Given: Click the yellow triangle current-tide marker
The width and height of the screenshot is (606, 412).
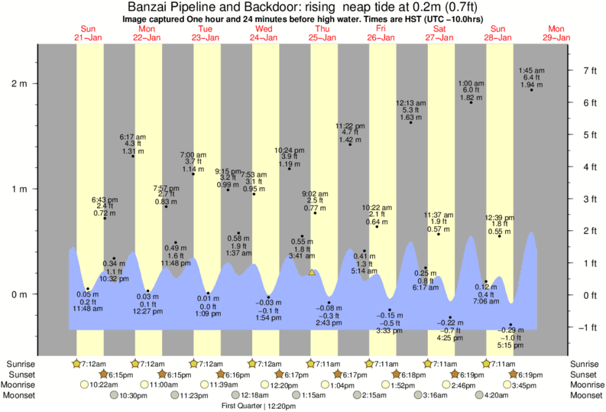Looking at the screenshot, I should [312, 271].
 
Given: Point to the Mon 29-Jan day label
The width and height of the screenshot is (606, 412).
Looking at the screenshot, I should [556, 33].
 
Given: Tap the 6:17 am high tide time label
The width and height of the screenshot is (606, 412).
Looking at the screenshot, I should [132, 137].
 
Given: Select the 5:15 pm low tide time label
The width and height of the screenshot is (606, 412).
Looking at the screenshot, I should [511, 345].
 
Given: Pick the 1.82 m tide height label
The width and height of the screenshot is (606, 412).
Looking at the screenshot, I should [472, 97].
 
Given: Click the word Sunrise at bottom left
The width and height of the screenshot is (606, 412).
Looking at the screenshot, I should [19, 364].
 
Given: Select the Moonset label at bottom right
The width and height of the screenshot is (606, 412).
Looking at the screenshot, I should [585, 395].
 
